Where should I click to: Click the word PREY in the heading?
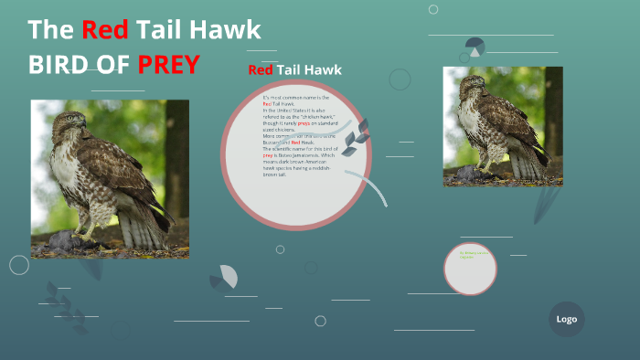tap(168, 65)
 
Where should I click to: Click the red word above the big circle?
tap(261, 70)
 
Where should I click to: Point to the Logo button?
tap(566, 319)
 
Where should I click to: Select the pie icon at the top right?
tap(475, 47)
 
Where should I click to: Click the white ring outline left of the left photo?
tap(19, 265)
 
